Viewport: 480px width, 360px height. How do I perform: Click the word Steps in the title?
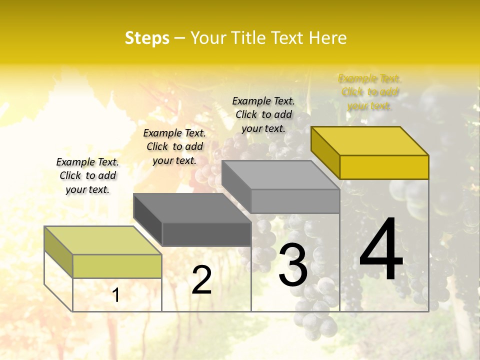click(147, 38)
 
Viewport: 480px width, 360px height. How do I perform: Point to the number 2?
click(201, 280)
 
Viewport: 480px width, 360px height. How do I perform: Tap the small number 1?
click(116, 295)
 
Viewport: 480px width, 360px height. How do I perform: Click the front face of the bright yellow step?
click(384, 167)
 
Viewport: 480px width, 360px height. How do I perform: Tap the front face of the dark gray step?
click(206, 234)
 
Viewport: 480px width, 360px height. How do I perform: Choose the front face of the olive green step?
click(117, 266)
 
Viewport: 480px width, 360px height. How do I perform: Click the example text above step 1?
click(87, 175)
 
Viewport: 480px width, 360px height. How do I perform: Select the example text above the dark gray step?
click(174, 146)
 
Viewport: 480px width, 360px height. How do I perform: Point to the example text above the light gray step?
click(263, 114)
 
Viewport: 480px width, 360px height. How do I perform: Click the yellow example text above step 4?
click(369, 92)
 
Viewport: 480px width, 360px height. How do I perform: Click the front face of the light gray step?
click(295, 201)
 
